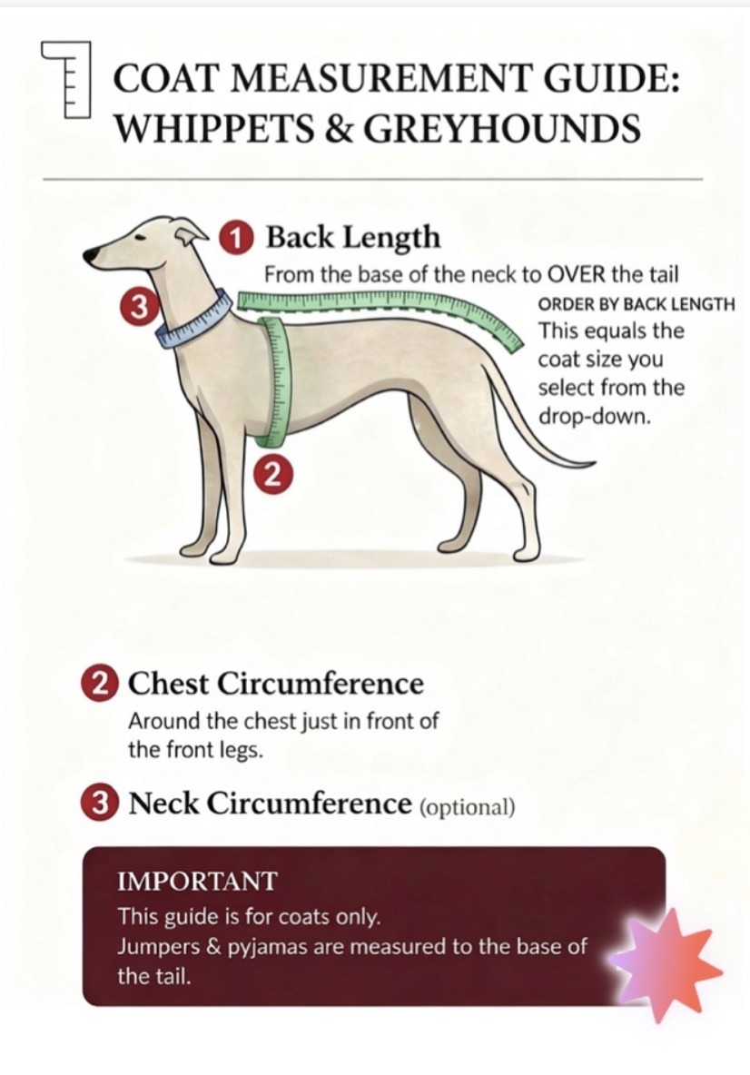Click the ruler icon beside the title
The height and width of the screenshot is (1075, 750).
click(x=66, y=80)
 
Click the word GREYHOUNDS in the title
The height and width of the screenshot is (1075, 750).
click(x=502, y=128)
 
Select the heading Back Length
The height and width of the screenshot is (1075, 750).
click(x=353, y=237)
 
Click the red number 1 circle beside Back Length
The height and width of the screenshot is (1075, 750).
click(x=235, y=239)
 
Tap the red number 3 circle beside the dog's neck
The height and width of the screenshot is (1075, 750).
click(x=140, y=306)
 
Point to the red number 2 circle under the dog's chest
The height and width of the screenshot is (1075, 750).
click(x=272, y=474)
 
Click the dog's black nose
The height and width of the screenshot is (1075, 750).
click(x=91, y=256)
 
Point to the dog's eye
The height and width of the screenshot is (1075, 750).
click(x=140, y=237)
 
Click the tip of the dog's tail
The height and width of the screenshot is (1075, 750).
click(x=594, y=464)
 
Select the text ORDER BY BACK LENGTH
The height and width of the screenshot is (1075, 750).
click(x=637, y=304)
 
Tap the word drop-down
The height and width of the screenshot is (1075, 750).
click(x=594, y=416)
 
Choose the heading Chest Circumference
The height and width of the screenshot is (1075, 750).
click(x=276, y=684)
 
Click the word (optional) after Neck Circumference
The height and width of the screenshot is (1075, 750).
click(x=467, y=807)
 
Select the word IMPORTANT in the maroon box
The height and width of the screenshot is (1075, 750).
click(x=197, y=881)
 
